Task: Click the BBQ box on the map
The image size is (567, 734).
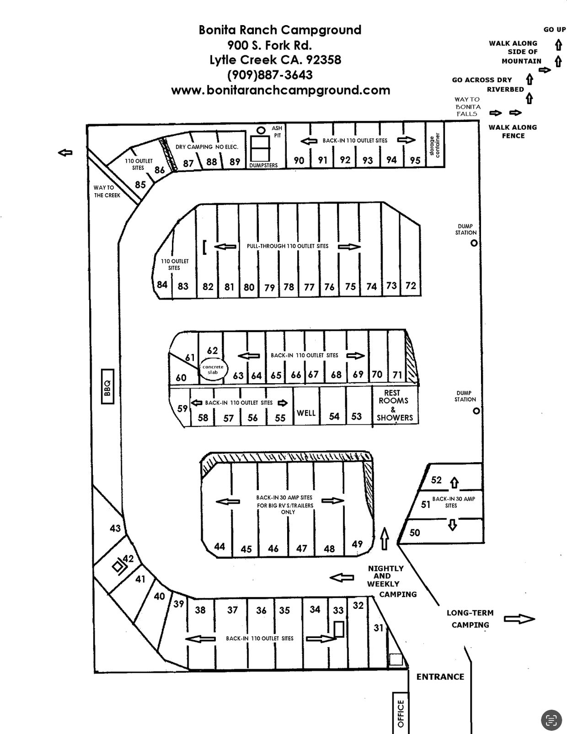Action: [107, 386]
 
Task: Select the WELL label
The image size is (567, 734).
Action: [306, 413]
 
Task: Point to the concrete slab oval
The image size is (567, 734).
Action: [213, 369]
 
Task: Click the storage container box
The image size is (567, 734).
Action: [435, 145]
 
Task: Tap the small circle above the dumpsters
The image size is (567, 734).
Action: [261, 130]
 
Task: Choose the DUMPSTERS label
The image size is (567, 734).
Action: [263, 165]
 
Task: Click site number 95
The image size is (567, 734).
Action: [415, 160]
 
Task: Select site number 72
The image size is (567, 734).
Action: [411, 286]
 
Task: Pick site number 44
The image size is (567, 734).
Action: [219, 546]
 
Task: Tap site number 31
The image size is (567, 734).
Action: [378, 628]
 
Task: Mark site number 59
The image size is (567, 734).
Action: [182, 408]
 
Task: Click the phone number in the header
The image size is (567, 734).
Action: [270, 74]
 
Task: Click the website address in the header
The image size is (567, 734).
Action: [281, 90]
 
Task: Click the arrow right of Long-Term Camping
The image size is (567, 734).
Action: [519, 619]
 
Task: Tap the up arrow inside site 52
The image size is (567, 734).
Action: [455, 483]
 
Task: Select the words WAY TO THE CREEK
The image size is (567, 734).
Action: [107, 191]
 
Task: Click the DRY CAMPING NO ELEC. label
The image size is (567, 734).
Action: [207, 147]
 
